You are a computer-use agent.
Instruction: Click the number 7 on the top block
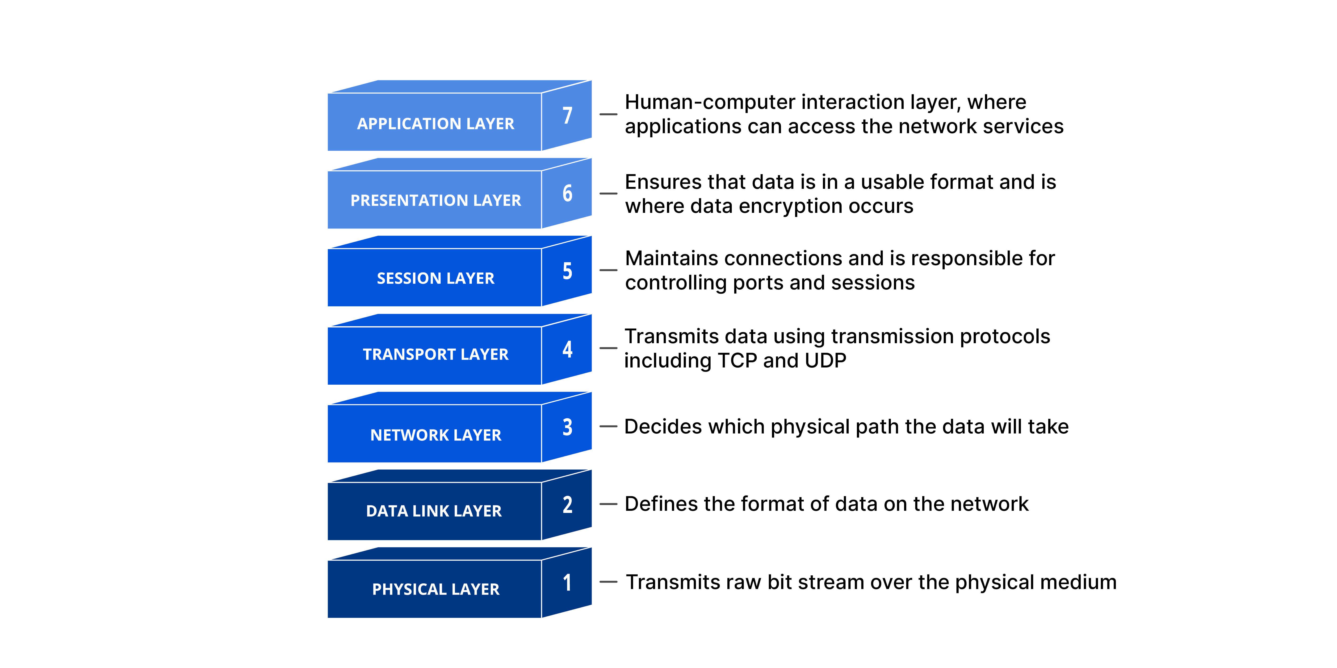tap(567, 115)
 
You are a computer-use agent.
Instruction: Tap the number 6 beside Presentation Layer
tap(567, 194)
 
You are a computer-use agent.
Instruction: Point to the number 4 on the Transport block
tap(567, 349)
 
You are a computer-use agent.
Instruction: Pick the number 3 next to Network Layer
tap(567, 427)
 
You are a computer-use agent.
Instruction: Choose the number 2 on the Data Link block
tap(567, 505)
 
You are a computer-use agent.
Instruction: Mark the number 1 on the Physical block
tap(567, 582)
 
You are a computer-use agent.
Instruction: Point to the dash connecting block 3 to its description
tap(608, 426)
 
